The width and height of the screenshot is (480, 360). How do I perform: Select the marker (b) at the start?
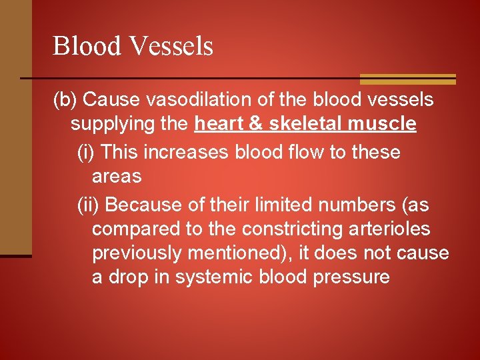click(67, 101)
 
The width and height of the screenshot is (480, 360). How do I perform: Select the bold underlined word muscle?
click(383, 125)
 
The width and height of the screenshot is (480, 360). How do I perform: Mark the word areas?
click(117, 177)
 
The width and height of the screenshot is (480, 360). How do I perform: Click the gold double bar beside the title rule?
click(408, 79)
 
